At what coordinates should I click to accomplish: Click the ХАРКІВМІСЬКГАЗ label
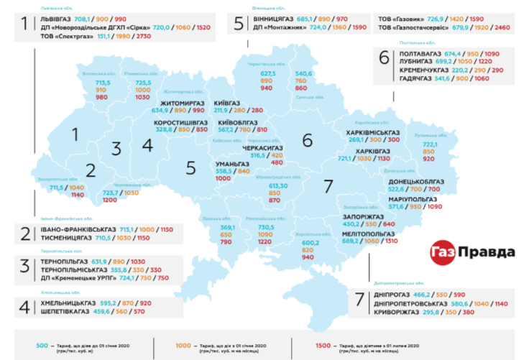[372, 132]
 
